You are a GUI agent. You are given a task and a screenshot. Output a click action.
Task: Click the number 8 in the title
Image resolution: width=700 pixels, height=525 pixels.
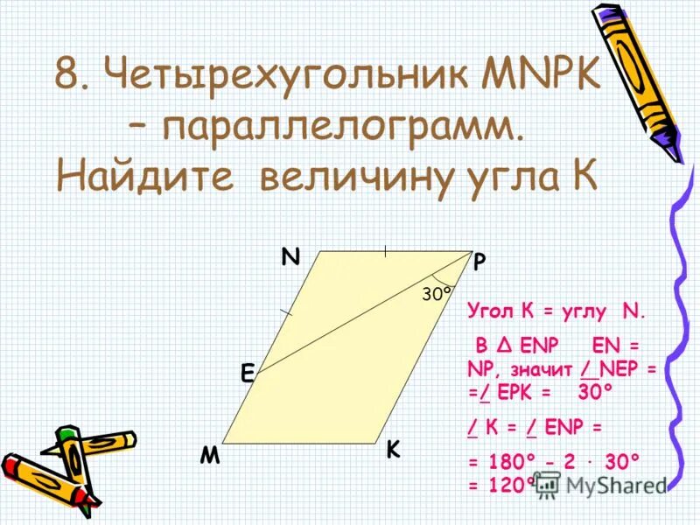[68, 76]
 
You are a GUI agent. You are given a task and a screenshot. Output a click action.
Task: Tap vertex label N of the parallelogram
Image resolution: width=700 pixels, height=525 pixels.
[290, 256]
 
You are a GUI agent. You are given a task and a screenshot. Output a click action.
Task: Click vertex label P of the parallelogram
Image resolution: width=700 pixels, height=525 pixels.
[480, 262]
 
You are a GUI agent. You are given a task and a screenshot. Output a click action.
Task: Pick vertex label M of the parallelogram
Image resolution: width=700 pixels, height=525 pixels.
[209, 456]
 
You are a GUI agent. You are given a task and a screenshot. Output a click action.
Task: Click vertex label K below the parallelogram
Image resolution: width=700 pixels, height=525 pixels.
[393, 450]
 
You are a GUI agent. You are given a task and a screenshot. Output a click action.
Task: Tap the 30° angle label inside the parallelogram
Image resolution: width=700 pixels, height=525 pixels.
[437, 295]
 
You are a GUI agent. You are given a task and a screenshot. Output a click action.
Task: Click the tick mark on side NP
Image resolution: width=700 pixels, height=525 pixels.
[384, 252]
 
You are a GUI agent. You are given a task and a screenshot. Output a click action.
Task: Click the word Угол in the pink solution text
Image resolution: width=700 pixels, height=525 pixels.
[488, 311]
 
